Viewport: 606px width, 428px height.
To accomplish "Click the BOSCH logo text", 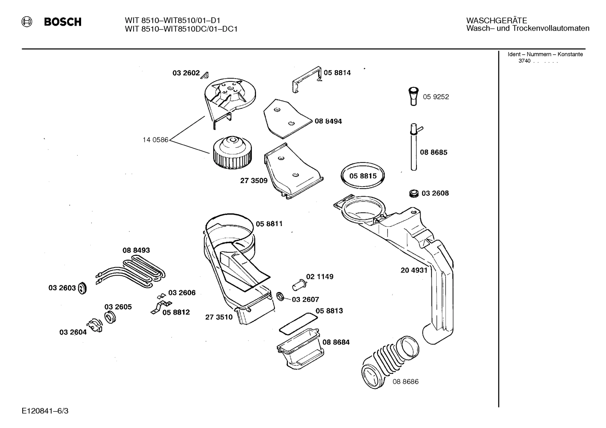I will click(63, 22).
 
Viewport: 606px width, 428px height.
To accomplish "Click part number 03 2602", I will click(186, 73).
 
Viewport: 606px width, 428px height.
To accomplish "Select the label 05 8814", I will click(337, 73).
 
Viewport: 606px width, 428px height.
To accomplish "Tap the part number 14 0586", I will click(155, 140).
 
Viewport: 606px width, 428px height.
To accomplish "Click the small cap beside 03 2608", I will click(414, 193).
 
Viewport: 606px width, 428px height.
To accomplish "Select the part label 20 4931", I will click(414, 270).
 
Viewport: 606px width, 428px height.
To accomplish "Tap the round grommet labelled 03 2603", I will click(82, 288).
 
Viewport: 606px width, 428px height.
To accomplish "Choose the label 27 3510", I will click(219, 317).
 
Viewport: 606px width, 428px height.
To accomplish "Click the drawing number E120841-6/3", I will click(45, 411).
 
